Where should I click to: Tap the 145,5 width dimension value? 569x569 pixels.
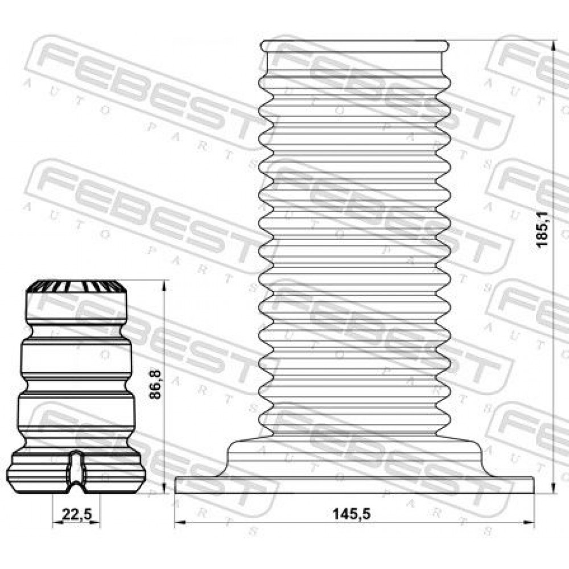(x=351, y=513)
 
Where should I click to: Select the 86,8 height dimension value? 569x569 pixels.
(x=155, y=384)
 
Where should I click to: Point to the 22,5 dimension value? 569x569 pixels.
(x=77, y=514)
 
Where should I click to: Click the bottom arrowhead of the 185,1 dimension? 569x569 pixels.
(x=554, y=488)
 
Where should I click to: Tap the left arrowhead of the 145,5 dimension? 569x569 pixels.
(x=180, y=522)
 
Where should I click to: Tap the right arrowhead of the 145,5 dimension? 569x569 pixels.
(x=529, y=522)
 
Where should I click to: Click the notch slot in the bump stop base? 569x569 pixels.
(x=76, y=471)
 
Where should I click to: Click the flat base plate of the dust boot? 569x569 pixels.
(x=354, y=485)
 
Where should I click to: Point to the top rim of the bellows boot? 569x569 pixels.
(x=354, y=46)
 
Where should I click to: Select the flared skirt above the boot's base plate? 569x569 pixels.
(x=354, y=458)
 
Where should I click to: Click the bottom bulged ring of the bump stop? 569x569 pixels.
(x=76, y=472)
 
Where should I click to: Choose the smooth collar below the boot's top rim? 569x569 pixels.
(x=354, y=60)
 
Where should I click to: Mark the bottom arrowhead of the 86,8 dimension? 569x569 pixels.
(x=164, y=488)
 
